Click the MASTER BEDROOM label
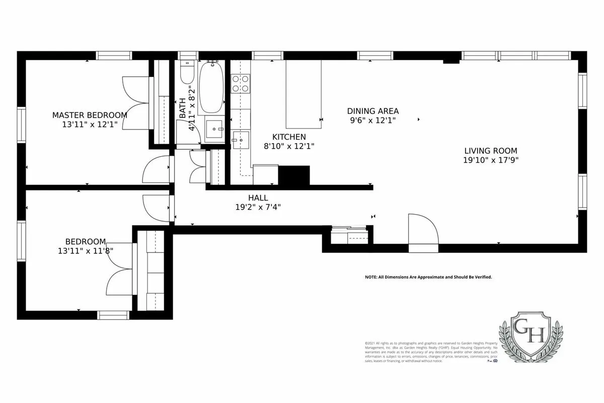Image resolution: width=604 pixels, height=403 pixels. click(90, 115)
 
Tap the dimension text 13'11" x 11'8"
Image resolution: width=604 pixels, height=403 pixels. click(86, 250)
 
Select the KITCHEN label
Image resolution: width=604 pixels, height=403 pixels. click(289, 137)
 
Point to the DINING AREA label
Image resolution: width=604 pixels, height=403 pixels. click(373, 111)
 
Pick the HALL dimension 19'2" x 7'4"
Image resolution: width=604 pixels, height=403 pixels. click(258, 207)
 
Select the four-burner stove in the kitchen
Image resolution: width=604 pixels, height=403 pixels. click(241, 84)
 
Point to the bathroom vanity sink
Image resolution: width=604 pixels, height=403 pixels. click(216, 129)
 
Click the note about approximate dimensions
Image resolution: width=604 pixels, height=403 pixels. click(428, 277)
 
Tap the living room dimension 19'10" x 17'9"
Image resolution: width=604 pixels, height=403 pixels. click(490, 160)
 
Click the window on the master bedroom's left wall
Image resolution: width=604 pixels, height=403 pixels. click(21, 125)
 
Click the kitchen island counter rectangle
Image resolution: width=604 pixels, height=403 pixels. click(304, 94)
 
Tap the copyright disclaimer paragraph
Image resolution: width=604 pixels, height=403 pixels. click(431, 352)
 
